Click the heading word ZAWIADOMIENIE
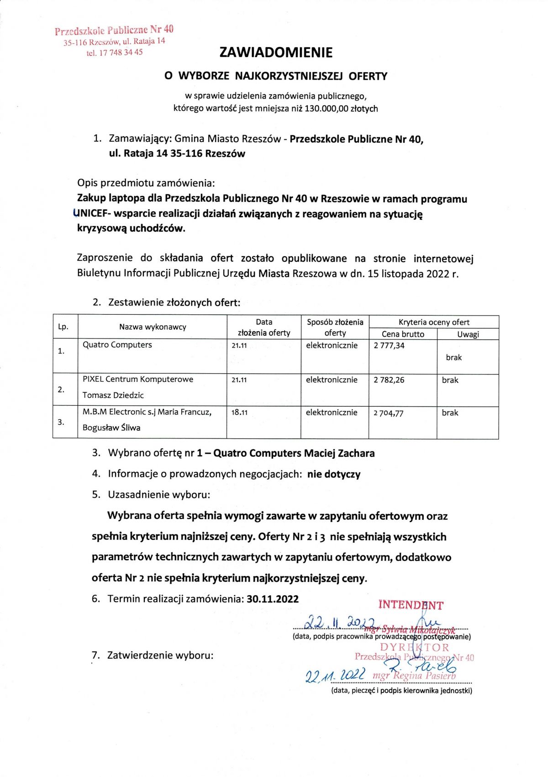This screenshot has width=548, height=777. point(276,53)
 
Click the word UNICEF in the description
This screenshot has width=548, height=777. point(92,213)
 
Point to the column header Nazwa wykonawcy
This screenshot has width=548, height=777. point(153,327)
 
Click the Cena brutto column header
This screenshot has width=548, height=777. point(403,334)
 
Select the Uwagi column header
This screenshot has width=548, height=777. point(468,334)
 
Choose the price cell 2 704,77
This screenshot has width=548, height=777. point(389,413)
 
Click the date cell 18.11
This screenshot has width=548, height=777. point(239,412)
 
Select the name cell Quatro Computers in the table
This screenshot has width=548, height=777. point(117,345)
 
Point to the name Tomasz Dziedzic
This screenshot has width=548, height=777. point(113,395)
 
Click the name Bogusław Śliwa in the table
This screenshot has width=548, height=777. point(111,428)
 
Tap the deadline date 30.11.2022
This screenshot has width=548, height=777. point(273,599)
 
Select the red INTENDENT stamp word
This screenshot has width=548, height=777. point(411,605)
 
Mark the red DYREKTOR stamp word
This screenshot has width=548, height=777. point(415,647)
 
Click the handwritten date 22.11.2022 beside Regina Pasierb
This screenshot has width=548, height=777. point(336,675)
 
